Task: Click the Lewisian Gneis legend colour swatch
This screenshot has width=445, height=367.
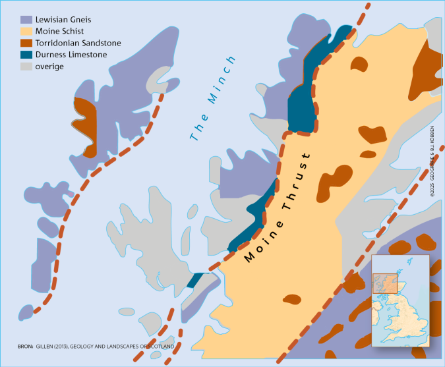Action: (26, 19)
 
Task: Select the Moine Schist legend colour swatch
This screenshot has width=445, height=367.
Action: (26, 31)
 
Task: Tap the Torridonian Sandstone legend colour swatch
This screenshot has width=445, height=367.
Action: (26, 43)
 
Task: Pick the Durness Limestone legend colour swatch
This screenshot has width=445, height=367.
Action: (26, 55)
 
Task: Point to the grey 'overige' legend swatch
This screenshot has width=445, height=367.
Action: (26, 67)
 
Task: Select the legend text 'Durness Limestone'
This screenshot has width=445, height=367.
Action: (71, 55)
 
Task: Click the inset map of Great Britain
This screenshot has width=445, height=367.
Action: (400, 300)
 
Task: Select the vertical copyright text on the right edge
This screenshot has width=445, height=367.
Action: (433, 164)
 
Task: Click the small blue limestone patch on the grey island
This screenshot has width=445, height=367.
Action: (194, 279)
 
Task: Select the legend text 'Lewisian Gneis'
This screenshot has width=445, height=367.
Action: (64, 19)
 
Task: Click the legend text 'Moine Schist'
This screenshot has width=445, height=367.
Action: (61, 31)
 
